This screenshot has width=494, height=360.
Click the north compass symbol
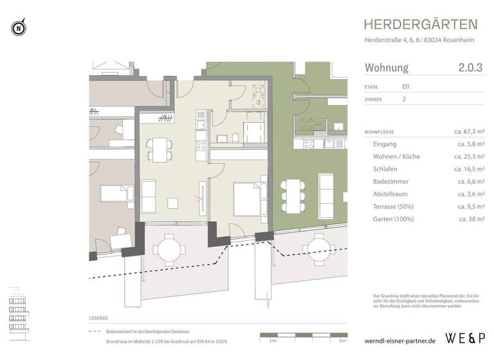tap(18, 28)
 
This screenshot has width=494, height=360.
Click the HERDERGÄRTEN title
tap(421, 24)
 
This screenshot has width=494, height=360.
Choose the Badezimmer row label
tap(391, 181)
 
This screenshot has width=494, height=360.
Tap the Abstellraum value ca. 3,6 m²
tap(471, 194)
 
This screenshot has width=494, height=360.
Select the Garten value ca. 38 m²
tap(472, 219)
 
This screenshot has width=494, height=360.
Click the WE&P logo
tap(466, 337)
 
